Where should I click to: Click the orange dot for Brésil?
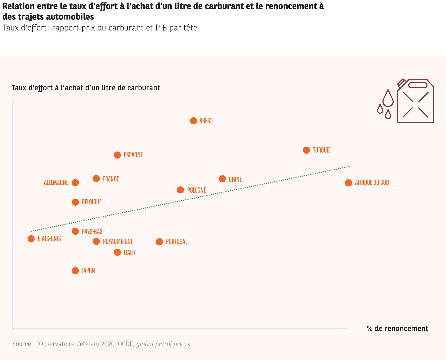pos(193,121)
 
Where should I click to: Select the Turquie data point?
pos(306,150)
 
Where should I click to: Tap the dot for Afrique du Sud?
pos(348,183)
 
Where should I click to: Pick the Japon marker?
pos(75,271)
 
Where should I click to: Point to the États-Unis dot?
pos(31,239)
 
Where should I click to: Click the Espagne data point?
pos(117,155)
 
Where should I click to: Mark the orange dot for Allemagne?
pos(75,182)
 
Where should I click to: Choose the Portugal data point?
pos(159,242)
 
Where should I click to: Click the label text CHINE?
pos(235,179)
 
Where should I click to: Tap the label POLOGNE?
pos(196,190)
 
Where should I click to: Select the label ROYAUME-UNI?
pos(117,242)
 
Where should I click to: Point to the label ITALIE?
pos(130,252)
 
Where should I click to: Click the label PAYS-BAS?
pos(92,231)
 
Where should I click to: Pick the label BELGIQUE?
pos(92,202)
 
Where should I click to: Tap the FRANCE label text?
pos(111,179)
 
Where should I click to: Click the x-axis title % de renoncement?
pos(397,329)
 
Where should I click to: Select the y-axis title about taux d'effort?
pos(86,88)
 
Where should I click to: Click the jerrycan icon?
pos(415,101)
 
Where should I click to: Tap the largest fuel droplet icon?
pos(388,98)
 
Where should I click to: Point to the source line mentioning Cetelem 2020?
pos(101,344)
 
